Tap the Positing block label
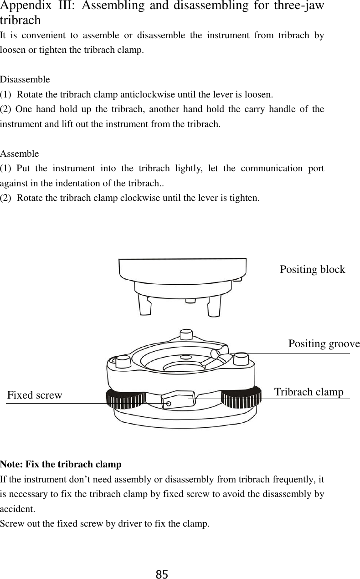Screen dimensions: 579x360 312,269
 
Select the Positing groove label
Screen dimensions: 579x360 324,343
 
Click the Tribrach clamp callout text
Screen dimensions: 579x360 309,392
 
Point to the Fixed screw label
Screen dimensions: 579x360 35,395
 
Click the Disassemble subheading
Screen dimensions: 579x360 25,79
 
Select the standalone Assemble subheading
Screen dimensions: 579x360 20,154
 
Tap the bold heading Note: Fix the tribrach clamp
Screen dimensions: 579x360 61,465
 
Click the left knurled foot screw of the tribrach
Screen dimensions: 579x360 125,400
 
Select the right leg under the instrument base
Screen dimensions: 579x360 214,306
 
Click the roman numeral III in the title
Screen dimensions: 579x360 70,6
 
